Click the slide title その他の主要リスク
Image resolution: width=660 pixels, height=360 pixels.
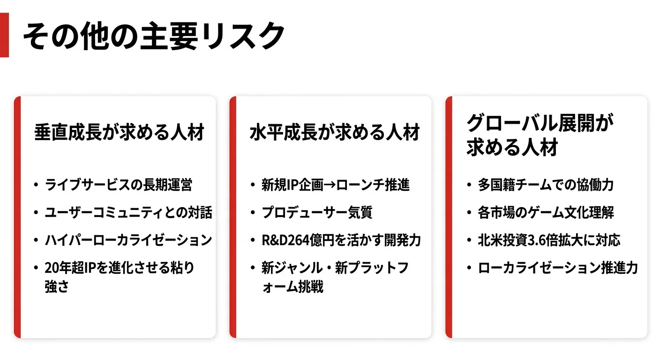[154, 36]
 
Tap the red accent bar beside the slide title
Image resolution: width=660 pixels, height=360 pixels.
[4, 35]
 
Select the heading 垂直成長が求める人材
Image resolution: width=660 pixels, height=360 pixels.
[120, 133]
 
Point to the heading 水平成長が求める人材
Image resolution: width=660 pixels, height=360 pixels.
[335, 133]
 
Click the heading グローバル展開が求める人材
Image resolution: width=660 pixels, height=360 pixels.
[540, 135]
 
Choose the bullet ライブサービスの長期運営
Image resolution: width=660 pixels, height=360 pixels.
[118, 185]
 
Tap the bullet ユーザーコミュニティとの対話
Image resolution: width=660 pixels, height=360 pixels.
[128, 212]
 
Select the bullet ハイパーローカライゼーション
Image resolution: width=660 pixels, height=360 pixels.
[128, 240]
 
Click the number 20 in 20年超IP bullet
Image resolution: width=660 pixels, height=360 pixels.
[51, 268]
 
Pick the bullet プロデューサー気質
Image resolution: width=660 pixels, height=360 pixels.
[317, 212]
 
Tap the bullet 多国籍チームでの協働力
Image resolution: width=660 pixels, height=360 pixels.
[546, 185]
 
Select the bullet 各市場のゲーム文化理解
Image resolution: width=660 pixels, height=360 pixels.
[546, 212]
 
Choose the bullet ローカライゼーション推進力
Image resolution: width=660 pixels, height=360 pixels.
[558, 268]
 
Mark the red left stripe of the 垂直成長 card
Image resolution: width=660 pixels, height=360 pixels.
[17, 217]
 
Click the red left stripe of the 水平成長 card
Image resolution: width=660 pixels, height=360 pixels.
[232, 217]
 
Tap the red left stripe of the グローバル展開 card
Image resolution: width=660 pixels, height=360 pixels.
[449, 217]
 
